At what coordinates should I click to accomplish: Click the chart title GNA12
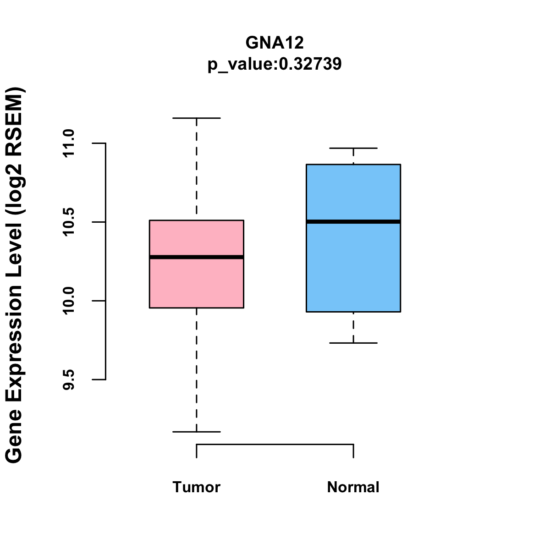(275, 43)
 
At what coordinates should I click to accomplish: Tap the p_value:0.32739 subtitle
(275, 64)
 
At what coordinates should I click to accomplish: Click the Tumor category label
(197, 487)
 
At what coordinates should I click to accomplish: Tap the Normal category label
(353, 487)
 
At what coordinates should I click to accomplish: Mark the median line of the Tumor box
(197, 257)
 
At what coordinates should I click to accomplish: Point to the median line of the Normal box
(353, 222)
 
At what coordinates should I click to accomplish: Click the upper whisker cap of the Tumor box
(197, 118)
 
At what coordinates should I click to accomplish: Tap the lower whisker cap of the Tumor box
(197, 432)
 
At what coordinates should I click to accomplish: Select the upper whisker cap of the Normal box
(353, 148)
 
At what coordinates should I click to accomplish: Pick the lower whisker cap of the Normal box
(353, 343)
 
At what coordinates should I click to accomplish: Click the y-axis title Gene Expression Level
(15, 275)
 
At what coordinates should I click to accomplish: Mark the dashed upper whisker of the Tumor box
(197, 170)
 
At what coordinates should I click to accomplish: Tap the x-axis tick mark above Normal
(353, 451)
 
